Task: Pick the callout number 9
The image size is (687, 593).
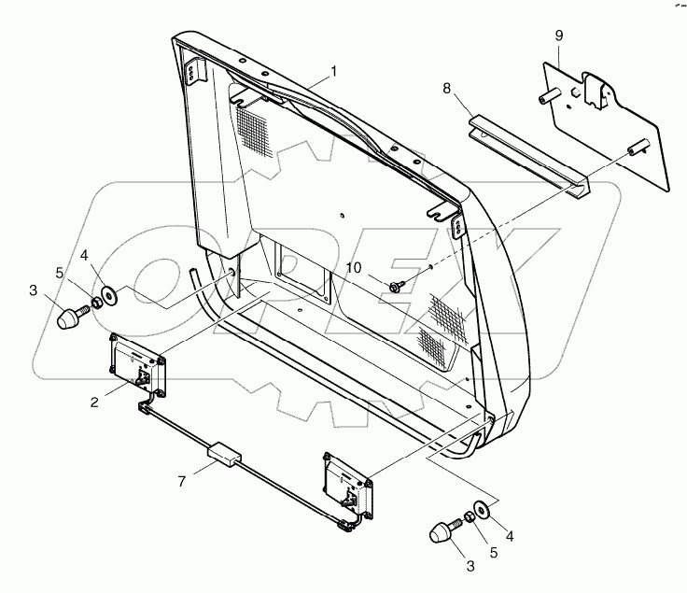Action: pos(558,35)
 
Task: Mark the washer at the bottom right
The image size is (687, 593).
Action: pos(482,511)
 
